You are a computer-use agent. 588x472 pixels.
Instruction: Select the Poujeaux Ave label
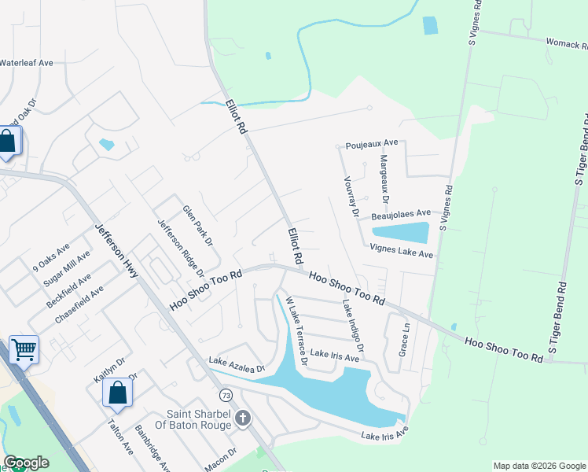click(x=373, y=145)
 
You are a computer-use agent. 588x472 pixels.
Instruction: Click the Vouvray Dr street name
click(x=351, y=197)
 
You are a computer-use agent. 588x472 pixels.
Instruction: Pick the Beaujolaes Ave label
click(x=401, y=213)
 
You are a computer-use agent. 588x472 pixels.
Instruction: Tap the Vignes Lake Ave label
click(x=402, y=251)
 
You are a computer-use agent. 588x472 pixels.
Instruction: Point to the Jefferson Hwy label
click(x=116, y=250)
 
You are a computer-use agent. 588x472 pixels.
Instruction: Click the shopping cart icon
click(x=24, y=348)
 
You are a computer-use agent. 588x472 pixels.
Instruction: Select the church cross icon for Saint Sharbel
click(x=243, y=418)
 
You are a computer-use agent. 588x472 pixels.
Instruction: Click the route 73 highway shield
click(x=226, y=394)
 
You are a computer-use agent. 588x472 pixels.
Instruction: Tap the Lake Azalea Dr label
click(x=237, y=363)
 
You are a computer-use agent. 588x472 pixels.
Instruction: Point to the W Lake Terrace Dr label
click(x=295, y=331)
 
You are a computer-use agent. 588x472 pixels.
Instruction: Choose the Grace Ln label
click(x=404, y=337)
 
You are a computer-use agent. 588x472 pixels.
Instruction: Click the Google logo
click(x=26, y=463)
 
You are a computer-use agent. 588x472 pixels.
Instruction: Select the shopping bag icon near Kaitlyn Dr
click(x=117, y=392)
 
